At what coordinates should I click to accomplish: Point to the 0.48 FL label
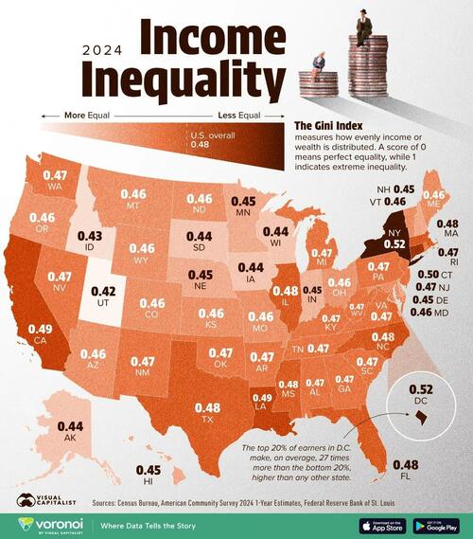[x=405, y=464]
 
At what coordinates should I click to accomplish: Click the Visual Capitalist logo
[x=30, y=500]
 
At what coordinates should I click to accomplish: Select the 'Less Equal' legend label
[x=238, y=117]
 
